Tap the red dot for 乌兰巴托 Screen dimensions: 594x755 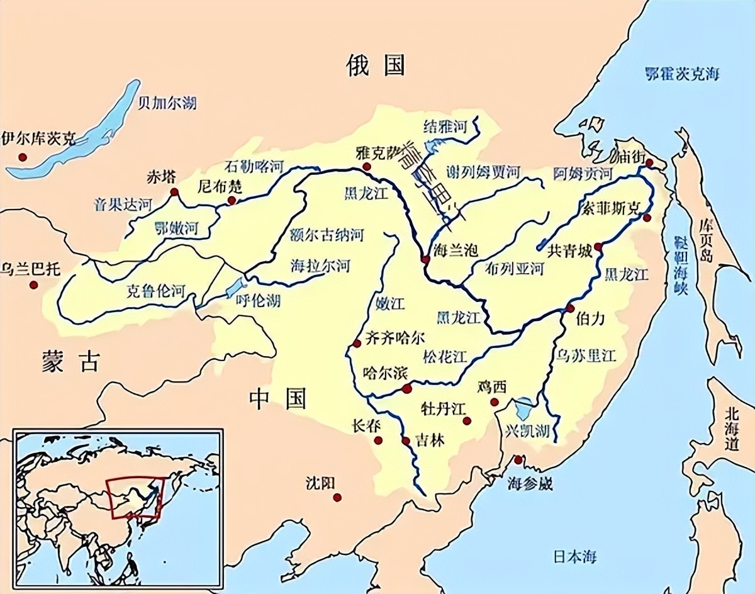[x=33, y=285]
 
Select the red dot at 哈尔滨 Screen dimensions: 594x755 [x=407, y=388]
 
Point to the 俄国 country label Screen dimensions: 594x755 [x=376, y=65]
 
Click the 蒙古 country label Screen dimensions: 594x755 [x=71, y=361]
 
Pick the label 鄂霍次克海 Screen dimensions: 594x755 [x=682, y=74]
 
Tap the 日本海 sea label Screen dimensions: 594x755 [x=575, y=556]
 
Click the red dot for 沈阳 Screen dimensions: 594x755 [x=338, y=497]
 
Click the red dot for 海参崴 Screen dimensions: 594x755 [x=518, y=460]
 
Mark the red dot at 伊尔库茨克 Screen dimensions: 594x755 [x=23, y=157]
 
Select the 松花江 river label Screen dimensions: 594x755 [x=445, y=357]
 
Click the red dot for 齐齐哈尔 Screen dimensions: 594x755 [x=357, y=343]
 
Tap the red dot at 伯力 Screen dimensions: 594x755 [x=570, y=308]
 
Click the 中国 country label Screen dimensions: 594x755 [x=277, y=398]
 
